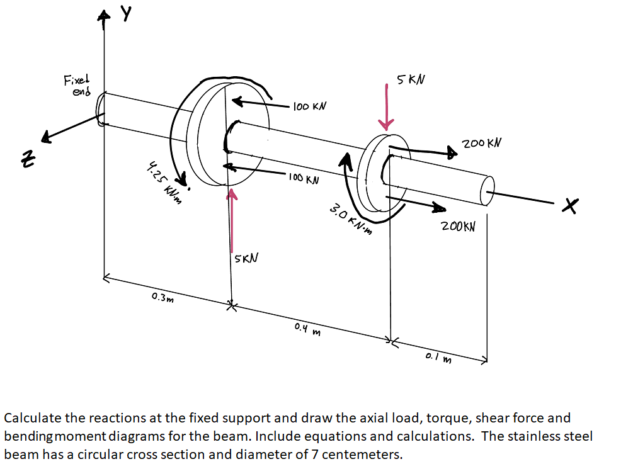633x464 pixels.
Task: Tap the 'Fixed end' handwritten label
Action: click(x=77, y=85)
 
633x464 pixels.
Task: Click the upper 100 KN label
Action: click(x=309, y=106)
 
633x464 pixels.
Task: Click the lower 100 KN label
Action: click(x=303, y=179)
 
